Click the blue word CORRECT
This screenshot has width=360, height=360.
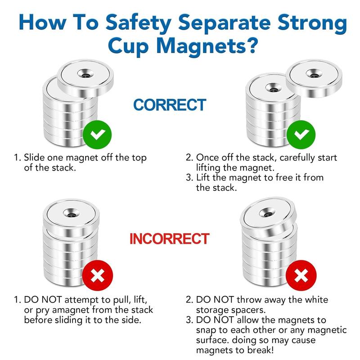click(x=170, y=105)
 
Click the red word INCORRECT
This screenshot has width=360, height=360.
click(x=169, y=238)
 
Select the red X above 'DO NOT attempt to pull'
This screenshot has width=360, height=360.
click(x=96, y=274)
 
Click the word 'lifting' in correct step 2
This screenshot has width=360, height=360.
click(x=211, y=168)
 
